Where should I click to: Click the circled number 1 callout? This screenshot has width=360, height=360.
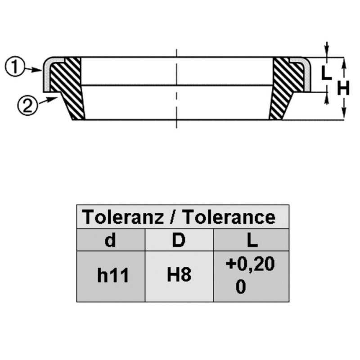tap(14, 67)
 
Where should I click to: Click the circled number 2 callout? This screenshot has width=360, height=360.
tap(27, 106)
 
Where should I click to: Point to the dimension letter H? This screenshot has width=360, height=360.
tap(343, 88)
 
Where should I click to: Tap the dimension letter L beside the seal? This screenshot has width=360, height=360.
tap(326, 72)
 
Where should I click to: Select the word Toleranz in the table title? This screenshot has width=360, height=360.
tap(123, 217)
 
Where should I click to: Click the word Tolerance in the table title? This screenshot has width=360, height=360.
tap(229, 217)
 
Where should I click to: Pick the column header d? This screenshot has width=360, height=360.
tap(110, 240)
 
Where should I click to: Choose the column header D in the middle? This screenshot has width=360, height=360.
tap(178, 240)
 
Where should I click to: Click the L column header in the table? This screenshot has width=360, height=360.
tap(252, 240)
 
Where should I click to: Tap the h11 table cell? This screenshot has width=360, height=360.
tap(113, 275)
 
